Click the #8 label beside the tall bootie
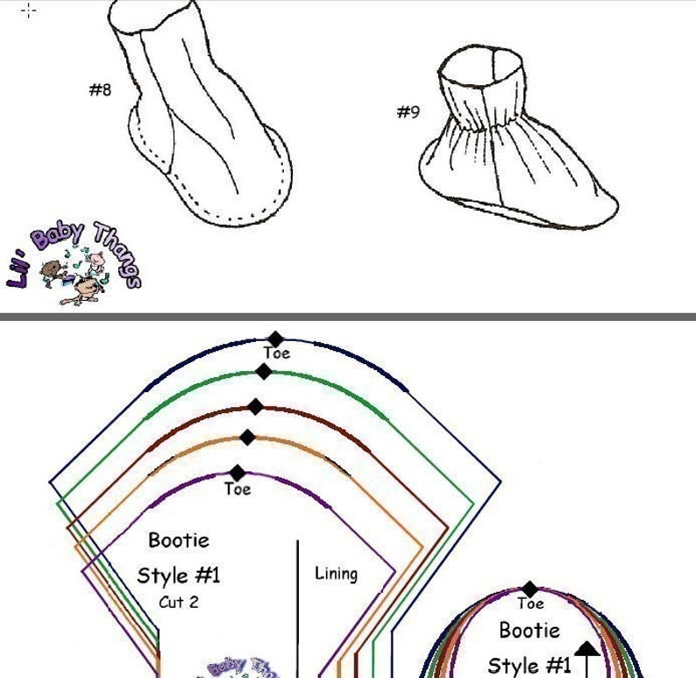coord(101,89)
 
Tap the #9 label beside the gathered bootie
coord(408,112)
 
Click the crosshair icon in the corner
coord(28,11)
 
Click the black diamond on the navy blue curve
coord(276,339)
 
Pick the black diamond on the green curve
coord(264,372)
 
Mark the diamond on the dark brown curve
coord(255,407)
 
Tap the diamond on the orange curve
coord(247,437)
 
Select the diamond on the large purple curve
coord(238,474)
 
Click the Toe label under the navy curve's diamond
coord(276,353)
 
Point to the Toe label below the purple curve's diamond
coord(238,489)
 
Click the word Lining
coord(336,575)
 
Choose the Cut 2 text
coord(178,603)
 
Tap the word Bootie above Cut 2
coord(179,540)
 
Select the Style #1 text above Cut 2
coord(179,575)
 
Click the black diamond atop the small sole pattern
coord(530,589)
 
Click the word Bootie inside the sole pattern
coord(529,630)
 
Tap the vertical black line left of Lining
coord(298,605)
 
